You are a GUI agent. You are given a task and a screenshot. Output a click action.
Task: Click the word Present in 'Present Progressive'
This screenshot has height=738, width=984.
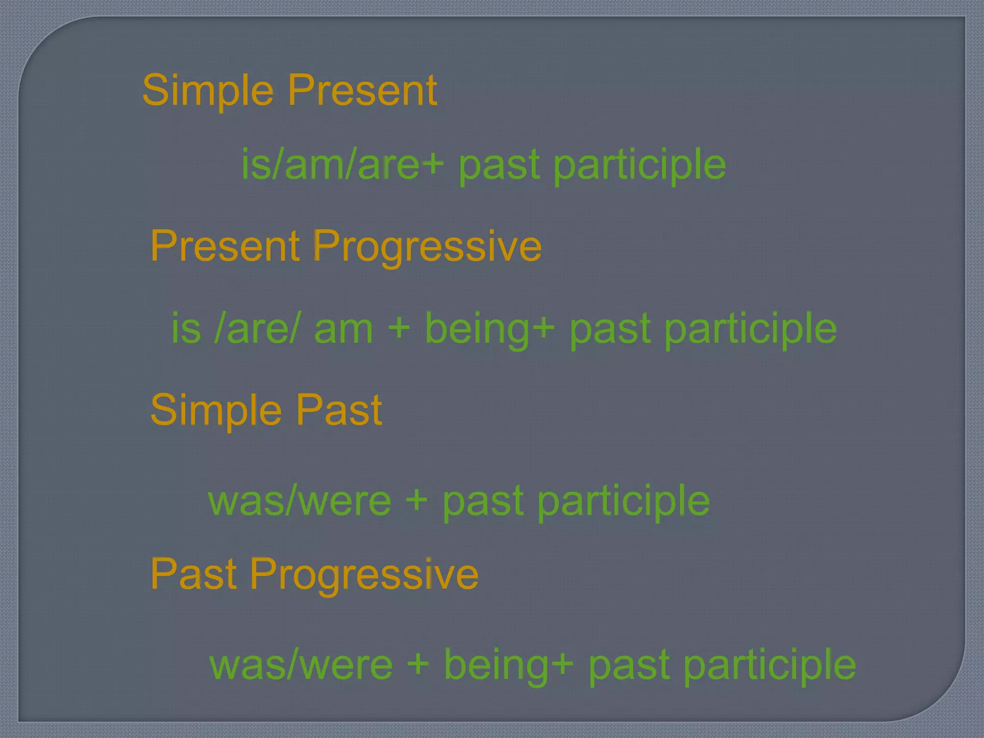pos(225,246)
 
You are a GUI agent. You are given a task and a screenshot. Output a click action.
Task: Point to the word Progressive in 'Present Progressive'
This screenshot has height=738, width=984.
pos(427,246)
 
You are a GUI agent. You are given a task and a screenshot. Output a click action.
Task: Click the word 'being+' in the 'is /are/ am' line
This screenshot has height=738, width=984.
pos(490,329)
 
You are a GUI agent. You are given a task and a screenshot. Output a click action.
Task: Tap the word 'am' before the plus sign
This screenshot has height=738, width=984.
pos(343,329)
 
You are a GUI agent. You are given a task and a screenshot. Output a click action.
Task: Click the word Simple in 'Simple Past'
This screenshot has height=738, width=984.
pos(216,410)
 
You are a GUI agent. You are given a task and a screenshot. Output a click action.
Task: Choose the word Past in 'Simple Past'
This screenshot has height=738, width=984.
pos(339,410)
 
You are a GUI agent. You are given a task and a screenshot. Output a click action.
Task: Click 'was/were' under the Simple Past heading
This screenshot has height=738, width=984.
pos(300,501)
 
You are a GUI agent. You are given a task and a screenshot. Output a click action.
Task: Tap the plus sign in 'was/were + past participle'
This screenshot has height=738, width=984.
pos(416,501)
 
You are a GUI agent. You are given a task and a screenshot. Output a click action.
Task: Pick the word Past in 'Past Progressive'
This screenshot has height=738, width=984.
pos(194,574)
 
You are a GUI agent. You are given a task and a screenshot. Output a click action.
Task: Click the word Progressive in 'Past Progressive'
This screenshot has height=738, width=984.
pos(364,575)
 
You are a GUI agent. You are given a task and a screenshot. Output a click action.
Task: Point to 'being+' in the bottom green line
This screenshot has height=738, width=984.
pos(509,666)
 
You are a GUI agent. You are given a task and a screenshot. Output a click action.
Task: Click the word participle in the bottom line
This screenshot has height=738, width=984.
pos(770,666)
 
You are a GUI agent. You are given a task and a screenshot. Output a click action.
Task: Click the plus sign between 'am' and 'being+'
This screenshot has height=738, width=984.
pos(399,329)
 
